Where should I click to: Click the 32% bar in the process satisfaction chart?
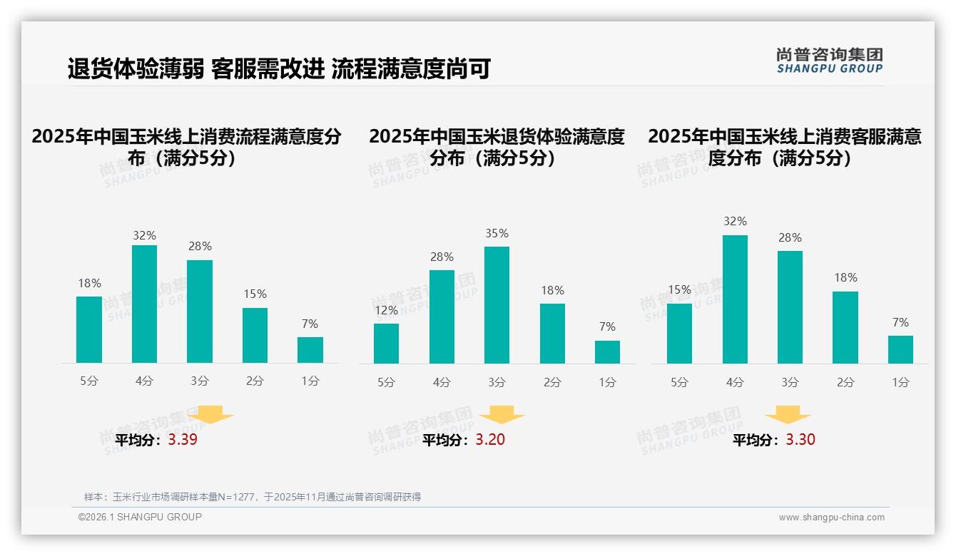click(x=145, y=304)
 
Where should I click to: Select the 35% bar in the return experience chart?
click(x=497, y=305)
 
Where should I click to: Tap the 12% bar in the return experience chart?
click(x=386, y=344)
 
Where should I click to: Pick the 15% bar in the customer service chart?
click(x=679, y=334)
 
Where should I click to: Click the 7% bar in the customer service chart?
click(x=900, y=349)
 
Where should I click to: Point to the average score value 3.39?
click(x=183, y=439)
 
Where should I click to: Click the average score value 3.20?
click(x=490, y=439)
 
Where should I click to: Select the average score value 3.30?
click(x=800, y=439)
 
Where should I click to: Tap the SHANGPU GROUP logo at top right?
click(x=830, y=61)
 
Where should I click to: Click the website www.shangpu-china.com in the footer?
click(x=831, y=518)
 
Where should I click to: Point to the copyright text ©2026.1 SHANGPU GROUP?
click(x=140, y=517)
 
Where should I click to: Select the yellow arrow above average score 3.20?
click(x=502, y=415)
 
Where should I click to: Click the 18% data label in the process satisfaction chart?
click(x=89, y=283)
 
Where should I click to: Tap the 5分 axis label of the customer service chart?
click(x=679, y=382)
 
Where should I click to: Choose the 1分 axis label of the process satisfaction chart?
click(x=310, y=381)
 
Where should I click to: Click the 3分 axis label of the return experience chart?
click(x=497, y=382)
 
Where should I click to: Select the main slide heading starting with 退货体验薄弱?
click(x=278, y=68)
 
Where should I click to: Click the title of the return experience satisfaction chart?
click(x=497, y=147)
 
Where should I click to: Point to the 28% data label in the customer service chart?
click(x=790, y=237)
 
